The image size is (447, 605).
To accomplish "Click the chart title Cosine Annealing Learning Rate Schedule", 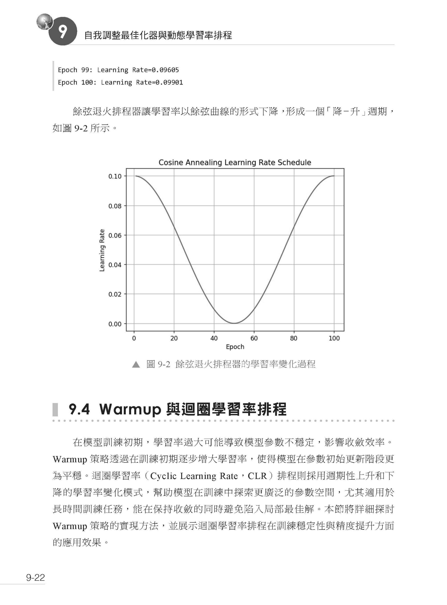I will (235, 162).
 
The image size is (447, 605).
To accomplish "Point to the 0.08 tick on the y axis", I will (115, 206).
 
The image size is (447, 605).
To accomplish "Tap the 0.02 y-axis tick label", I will (115, 294).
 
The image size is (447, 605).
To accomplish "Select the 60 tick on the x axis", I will (254, 338).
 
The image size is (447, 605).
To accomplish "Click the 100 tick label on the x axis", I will (334, 338).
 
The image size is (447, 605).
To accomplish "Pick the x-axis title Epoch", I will (235, 347).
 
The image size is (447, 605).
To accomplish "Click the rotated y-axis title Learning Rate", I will (102, 250).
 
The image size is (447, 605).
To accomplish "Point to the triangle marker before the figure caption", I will (136, 365).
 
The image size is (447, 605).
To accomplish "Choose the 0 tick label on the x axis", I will (134, 338).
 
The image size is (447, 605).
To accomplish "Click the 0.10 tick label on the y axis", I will (115, 177).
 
